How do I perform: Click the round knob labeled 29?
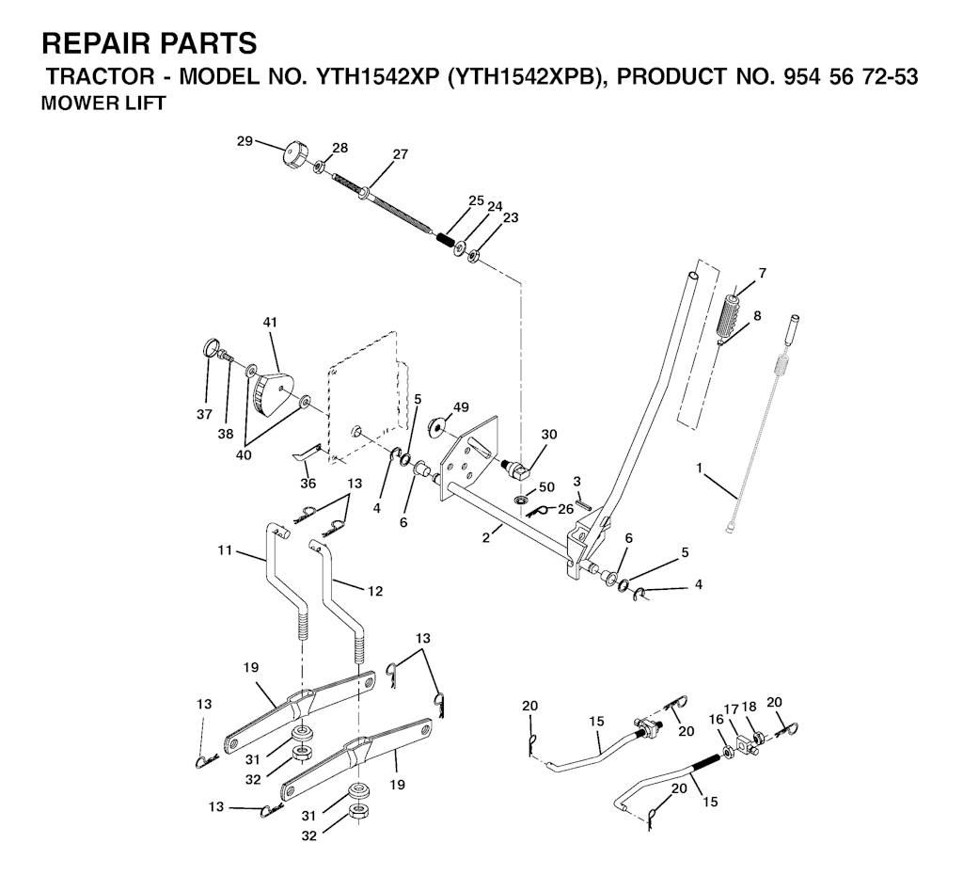point(294,153)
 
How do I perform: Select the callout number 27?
point(401,154)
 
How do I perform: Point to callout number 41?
point(270,322)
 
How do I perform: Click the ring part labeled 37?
point(210,350)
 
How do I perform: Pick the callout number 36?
point(308,484)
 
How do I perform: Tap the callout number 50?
point(546,487)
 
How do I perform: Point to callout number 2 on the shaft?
point(486,537)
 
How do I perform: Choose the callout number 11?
point(225,550)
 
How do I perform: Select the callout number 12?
point(374,591)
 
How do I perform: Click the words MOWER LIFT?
point(103,103)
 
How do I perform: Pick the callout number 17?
point(731,708)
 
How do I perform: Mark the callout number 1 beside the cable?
point(699,469)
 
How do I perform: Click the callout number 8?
point(757,316)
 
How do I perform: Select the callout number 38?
point(226,434)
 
